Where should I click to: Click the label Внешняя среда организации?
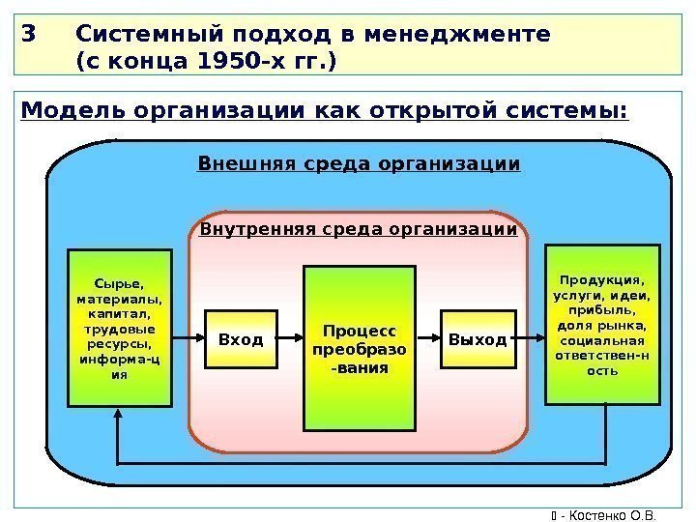tap(359, 164)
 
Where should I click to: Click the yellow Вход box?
tap(241, 339)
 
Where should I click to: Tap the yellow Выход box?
tap(477, 339)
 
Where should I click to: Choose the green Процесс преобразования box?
tap(360, 348)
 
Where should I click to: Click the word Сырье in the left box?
tap(119, 284)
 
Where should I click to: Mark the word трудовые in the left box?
tap(119, 330)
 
